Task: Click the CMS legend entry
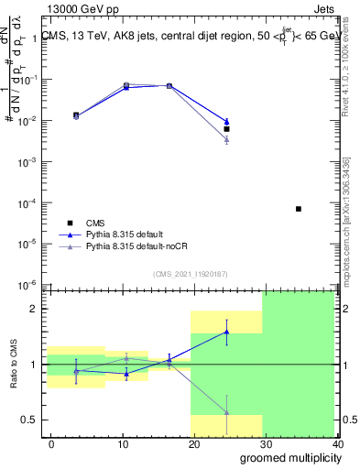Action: (95, 223)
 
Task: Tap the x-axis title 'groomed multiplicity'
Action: (286, 457)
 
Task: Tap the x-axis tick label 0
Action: (51, 443)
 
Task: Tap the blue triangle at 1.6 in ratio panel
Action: (226, 332)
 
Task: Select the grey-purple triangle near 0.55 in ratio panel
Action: (226, 413)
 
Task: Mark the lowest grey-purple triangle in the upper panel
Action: (226, 138)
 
